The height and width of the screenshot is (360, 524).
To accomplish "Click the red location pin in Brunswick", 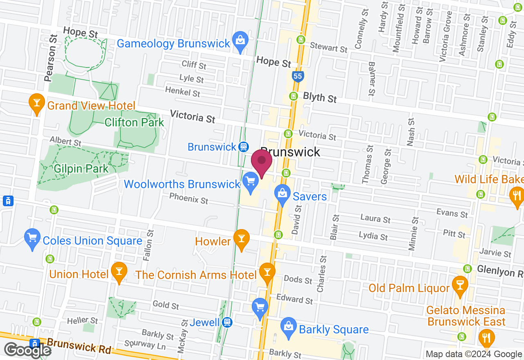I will pyautogui.click(x=262, y=162).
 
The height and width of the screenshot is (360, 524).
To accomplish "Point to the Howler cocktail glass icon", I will pyautogui.click(x=241, y=238).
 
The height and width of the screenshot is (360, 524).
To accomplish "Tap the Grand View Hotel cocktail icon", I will pyautogui.click(x=37, y=103).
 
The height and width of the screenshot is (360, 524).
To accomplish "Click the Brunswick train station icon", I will pyautogui.click(x=244, y=146).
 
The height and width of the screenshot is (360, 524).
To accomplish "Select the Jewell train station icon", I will pyautogui.click(x=227, y=322).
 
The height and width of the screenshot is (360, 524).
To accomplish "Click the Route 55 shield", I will pyautogui.click(x=298, y=76).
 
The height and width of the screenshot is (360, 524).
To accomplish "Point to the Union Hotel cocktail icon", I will pyautogui.click(x=119, y=272).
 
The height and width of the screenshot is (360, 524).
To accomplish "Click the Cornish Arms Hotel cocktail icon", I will pyautogui.click(x=267, y=272).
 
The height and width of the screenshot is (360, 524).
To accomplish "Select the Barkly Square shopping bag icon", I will pyautogui.click(x=289, y=326).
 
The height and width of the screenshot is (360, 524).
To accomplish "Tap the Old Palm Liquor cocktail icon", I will pyautogui.click(x=460, y=285).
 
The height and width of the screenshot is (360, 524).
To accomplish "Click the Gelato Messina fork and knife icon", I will pyautogui.click(x=486, y=337).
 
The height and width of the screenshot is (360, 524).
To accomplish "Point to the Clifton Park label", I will pyautogui.click(x=134, y=122).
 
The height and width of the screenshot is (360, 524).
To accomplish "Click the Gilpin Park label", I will pyautogui.click(x=81, y=168).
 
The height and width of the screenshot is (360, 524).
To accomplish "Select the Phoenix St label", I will pyautogui.click(x=189, y=199).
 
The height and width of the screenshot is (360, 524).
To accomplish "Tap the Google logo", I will pyautogui.click(x=27, y=350).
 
